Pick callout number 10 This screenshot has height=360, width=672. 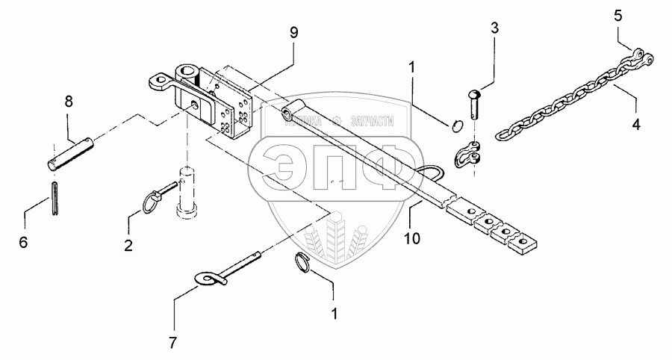click(x=412, y=239)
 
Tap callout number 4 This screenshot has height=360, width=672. click(x=636, y=125)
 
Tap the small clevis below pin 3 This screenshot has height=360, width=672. click(x=469, y=152)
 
